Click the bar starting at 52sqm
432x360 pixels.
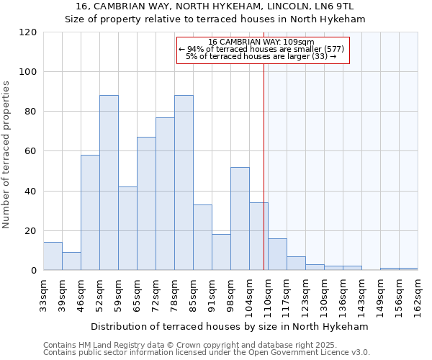click(109, 183)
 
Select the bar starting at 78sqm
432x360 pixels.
click(184, 183)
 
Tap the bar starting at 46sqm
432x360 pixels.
click(90, 212)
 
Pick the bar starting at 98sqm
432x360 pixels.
click(240, 219)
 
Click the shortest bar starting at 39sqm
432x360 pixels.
click(71, 261)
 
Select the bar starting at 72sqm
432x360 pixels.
click(165, 194)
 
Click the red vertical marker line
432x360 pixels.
click(264, 166)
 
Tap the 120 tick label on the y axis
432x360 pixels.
click(28, 32)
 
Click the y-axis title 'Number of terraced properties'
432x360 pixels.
click(6, 155)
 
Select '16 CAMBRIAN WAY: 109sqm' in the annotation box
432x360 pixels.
click(261, 42)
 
